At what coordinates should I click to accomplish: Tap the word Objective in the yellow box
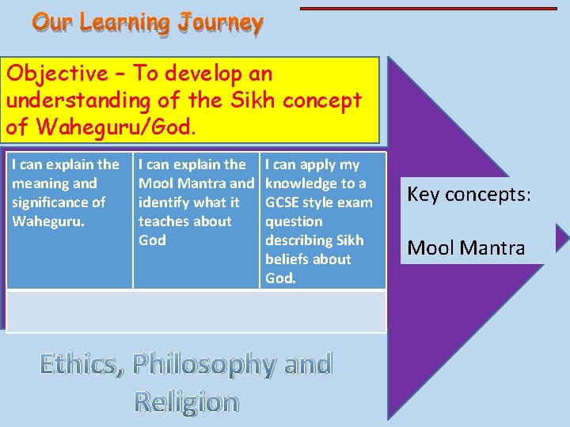pos(56,74)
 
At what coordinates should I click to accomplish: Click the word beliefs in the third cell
pos(289,259)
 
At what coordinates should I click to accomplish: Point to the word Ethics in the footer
pos(82,365)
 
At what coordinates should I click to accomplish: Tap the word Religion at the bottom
pos(186,402)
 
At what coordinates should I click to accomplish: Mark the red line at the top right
pos(428,9)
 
